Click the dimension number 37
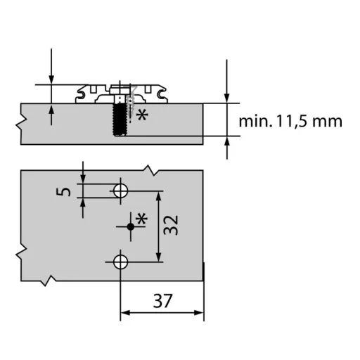pyautogui.click(x=163, y=301)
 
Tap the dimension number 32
pyautogui.click(x=171, y=225)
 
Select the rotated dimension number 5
pyautogui.click(x=63, y=192)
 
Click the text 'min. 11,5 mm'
pyautogui.click(x=290, y=121)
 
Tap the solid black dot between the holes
pyautogui.click(x=131, y=226)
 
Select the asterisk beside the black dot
pyautogui.click(x=141, y=219)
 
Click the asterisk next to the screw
pyautogui.click(x=142, y=115)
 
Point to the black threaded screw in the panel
pyautogui.click(x=120, y=120)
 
